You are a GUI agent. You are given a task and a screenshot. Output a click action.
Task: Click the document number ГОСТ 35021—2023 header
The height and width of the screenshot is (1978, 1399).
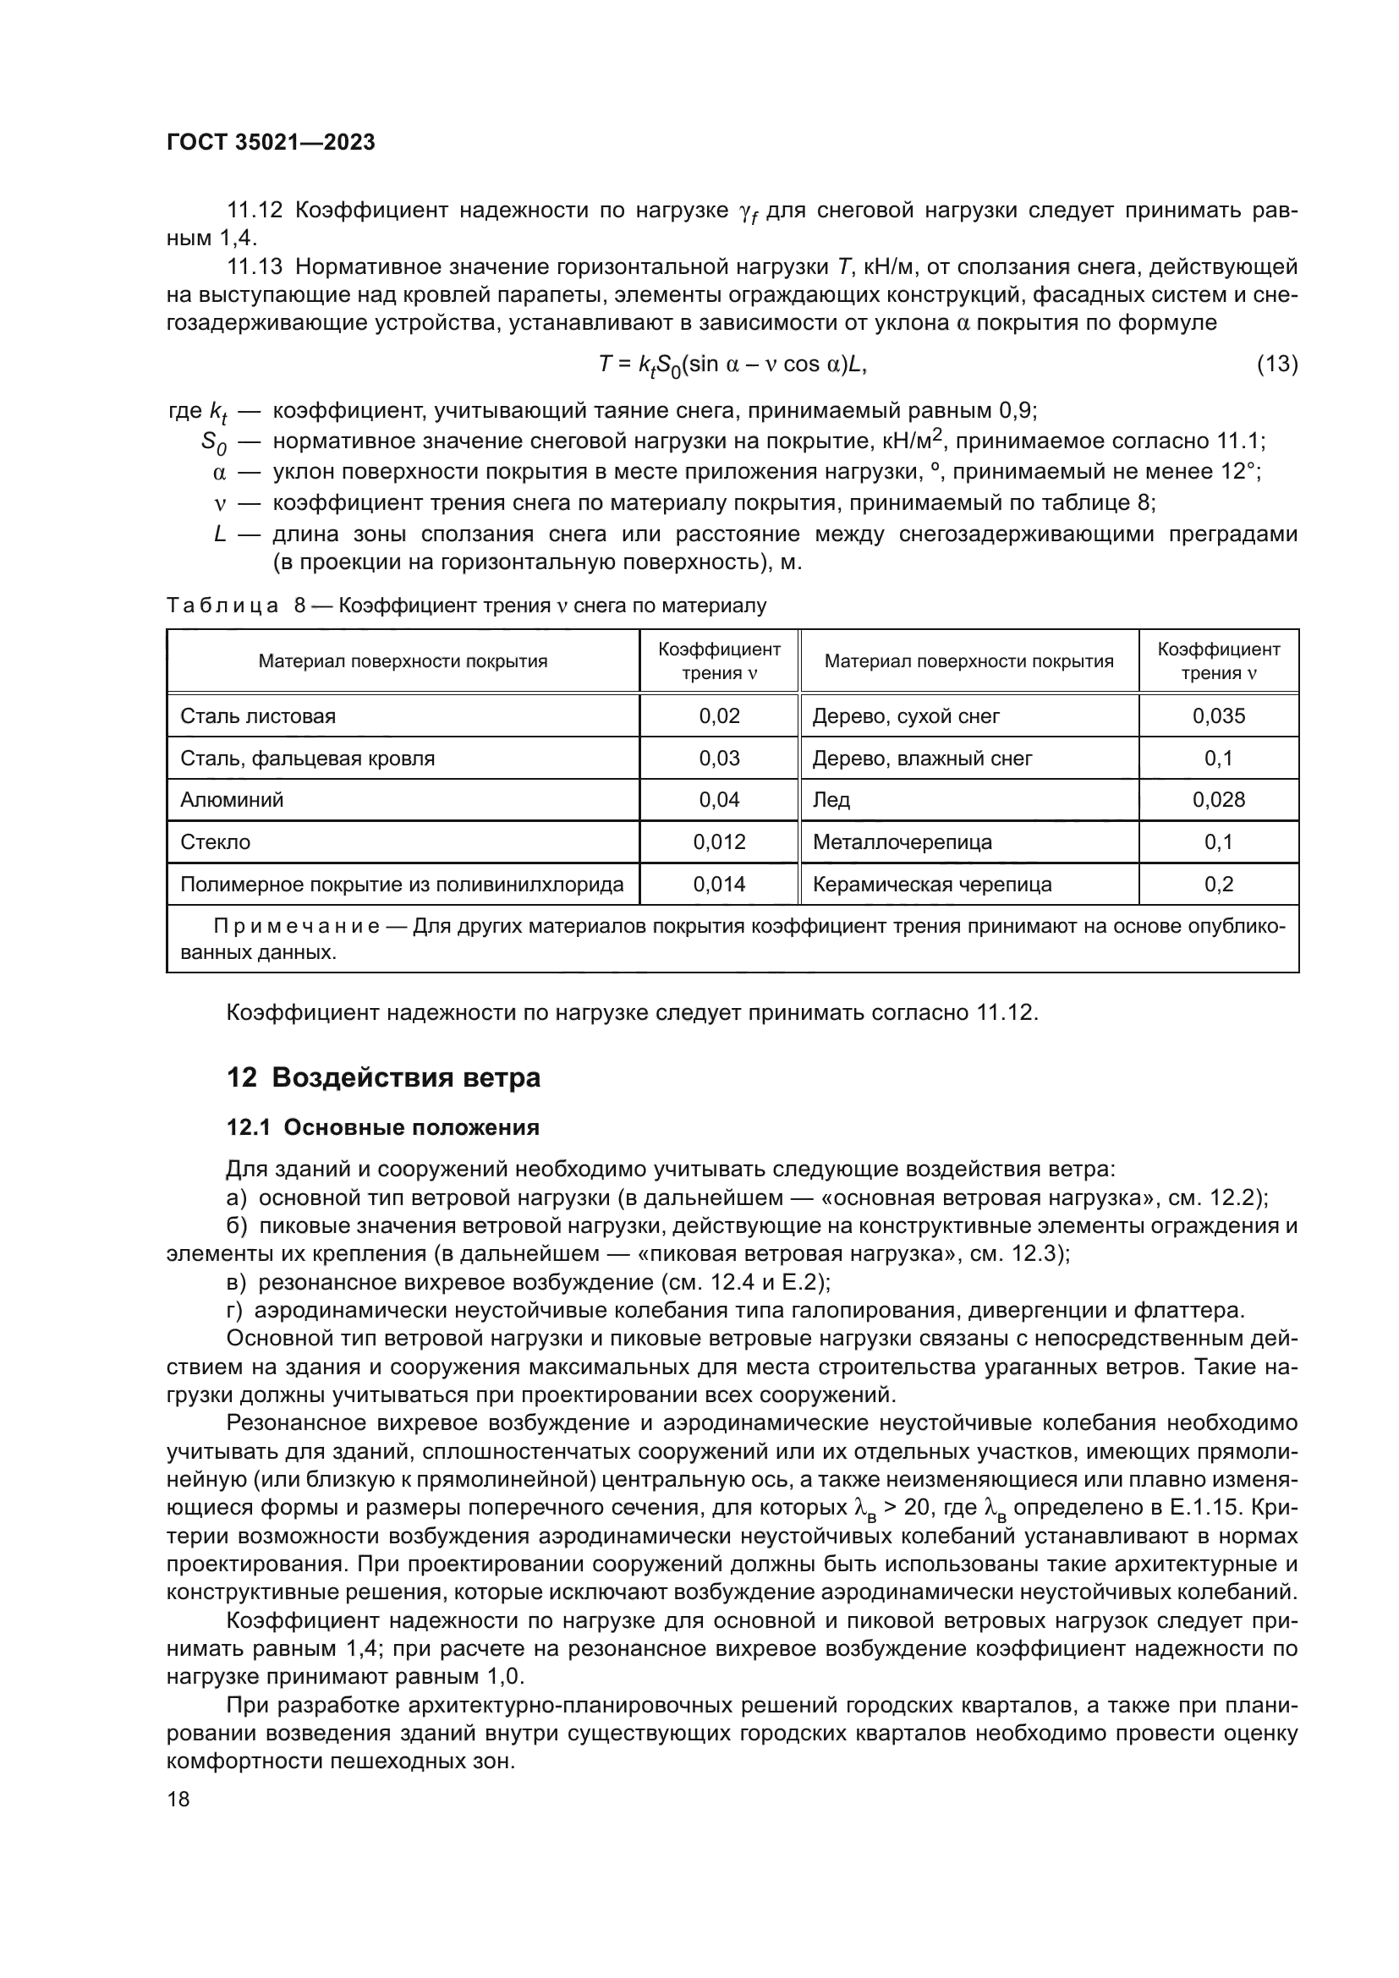pyautogui.click(x=271, y=143)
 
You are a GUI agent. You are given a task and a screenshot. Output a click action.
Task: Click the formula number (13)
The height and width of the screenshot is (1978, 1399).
pyautogui.click(x=1276, y=364)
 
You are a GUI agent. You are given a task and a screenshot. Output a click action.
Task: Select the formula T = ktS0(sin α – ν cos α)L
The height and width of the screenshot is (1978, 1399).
pyautogui.click(x=732, y=365)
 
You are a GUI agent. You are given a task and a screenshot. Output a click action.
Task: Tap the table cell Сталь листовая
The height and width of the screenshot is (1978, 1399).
pyautogui.click(x=258, y=716)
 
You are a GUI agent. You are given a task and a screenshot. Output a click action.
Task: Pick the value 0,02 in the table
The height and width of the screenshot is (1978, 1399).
pyautogui.click(x=719, y=716)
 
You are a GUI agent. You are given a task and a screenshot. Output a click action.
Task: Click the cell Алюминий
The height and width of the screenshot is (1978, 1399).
pyautogui.click(x=232, y=799)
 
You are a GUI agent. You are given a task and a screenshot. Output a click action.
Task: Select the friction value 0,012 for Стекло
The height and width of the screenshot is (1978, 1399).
pyautogui.click(x=719, y=841)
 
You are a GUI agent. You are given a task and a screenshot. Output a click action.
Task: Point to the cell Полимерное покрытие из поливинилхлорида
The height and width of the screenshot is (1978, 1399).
pyautogui.click(x=402, y=884)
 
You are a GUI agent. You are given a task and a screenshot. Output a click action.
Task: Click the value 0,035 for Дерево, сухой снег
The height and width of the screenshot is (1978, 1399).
pyautogui.click(x=1218, y=716)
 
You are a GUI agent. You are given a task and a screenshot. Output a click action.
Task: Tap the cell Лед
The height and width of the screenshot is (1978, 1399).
pyautogui.click(x=831, y=799)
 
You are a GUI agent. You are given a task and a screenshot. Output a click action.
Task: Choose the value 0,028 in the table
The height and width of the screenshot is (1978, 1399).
pyautogui.click(x=1218, y=799)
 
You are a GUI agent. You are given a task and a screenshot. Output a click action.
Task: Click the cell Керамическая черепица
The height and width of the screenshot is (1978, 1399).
pyautogui.click(x=932, y=884)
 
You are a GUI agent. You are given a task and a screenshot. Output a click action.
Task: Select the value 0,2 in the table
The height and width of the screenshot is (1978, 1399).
pyautogui.click(x=1218, y=884)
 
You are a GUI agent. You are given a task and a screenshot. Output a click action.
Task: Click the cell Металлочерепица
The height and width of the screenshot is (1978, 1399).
pyautogui.click(x=902, y=841)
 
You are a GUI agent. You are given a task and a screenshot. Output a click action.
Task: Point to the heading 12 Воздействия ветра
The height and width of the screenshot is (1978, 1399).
pyautogui.click(x=383, y=1077)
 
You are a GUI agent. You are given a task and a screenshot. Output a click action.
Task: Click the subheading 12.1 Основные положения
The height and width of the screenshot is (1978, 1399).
pyautogui.click(x=382, y=1128)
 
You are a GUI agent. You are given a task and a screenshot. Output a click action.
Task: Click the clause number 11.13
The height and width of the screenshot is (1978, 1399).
pyautogui.click(x=254, y=267)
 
